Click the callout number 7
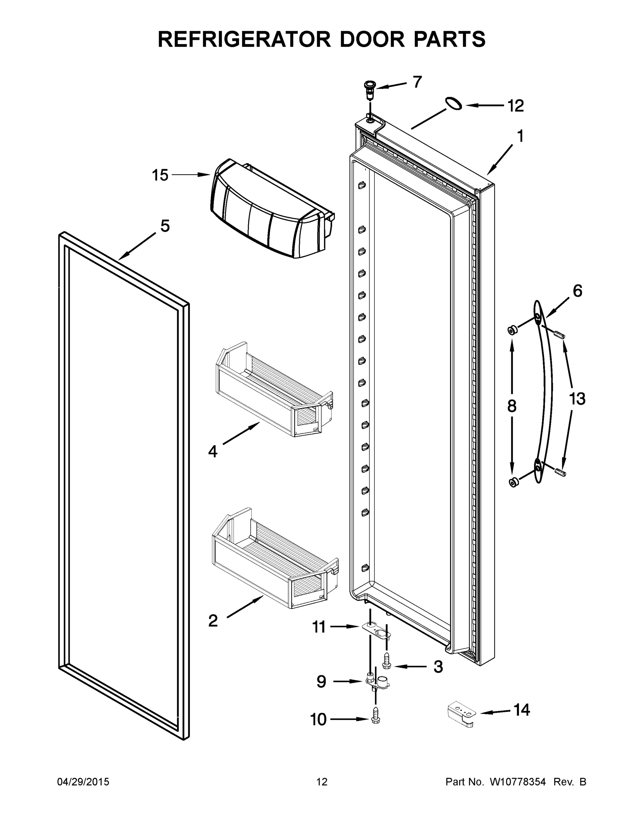coord(417,82)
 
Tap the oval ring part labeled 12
coord(454,104)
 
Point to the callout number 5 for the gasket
coord(165,226)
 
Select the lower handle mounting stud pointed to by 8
coord(513,482)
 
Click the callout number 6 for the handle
coord(577,291)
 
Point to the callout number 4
coord(212,452)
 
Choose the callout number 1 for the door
coord(520,136)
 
